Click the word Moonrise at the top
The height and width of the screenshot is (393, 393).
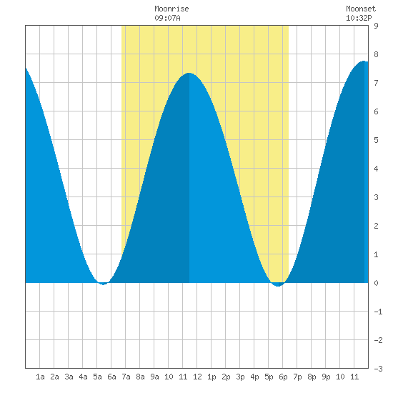tap(171, 9)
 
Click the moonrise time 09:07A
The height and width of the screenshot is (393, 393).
tap(167, 18)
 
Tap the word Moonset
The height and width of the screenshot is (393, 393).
tap(361, 9)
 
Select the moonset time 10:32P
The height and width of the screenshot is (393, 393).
tap(359, 18)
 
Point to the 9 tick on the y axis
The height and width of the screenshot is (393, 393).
tap(376, 26)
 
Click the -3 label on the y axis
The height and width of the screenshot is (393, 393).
tap(378, 369)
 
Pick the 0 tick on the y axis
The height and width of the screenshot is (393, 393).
tap(376, 283)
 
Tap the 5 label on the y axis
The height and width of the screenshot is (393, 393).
tap(376, 140)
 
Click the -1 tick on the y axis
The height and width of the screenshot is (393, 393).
tap(378, 312)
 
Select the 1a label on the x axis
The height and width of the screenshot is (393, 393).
tap(40, 377)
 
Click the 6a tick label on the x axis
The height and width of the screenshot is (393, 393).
tap(111, 377)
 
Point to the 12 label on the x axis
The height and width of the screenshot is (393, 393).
tap(197, 377)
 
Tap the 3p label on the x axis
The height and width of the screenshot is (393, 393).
tap(240, 377)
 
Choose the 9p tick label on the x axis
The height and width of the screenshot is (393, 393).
tap(326, 377)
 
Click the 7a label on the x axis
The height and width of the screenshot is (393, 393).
tap(126, 377)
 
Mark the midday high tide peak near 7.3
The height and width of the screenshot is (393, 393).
tap(189, 73)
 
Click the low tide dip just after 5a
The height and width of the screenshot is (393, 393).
tap(104, 284)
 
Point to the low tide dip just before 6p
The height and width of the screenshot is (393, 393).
tap(278, 286)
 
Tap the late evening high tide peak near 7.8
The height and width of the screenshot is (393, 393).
tap(364, 61)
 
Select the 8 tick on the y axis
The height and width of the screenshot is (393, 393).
tap(376, 54)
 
